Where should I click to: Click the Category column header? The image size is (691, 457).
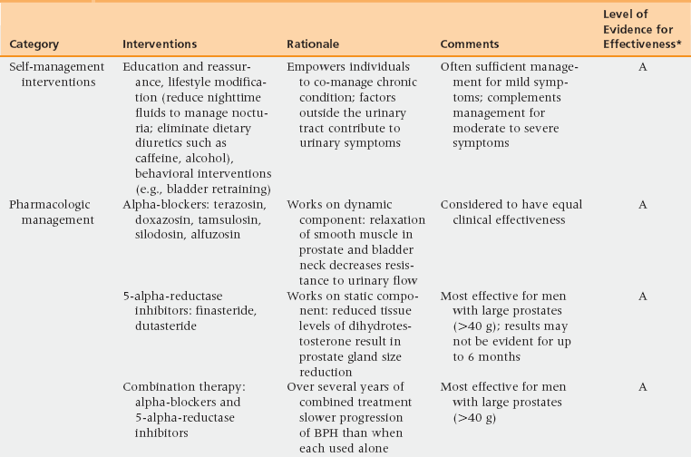34,44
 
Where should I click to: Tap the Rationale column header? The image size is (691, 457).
315,44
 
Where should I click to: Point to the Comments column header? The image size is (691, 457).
470,44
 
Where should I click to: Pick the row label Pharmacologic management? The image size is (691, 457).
52,213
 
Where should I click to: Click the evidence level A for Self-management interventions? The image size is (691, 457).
642,67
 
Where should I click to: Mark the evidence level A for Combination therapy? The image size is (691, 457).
642,387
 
